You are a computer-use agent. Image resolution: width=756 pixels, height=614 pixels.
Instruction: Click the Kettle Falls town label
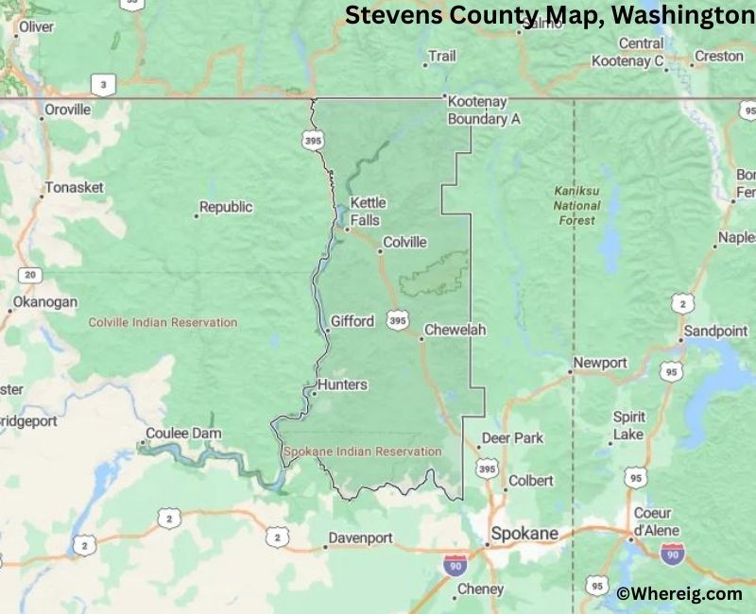[366, 212]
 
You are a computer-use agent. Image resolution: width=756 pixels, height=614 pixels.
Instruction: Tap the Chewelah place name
[455, 330]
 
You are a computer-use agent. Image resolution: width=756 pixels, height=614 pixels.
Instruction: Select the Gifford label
[352, 321]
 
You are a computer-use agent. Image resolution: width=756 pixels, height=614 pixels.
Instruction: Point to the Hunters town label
[342, 385]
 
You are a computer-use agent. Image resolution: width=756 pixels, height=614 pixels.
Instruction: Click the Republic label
[226, 207]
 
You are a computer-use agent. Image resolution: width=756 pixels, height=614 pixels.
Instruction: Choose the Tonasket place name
[74, 187]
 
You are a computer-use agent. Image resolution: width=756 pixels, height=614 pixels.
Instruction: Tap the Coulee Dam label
[183, 434]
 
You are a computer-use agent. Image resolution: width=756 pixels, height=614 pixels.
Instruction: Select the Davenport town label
[359, 538]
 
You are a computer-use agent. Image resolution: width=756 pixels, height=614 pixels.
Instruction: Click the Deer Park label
[512, 438]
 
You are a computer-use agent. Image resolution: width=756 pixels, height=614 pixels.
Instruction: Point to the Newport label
[600, 363]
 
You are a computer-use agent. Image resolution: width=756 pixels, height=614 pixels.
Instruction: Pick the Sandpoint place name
[715, 332]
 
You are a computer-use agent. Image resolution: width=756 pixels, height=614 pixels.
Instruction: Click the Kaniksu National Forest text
[576, 205]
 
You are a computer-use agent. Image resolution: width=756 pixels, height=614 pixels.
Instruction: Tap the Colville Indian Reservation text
[163, 322]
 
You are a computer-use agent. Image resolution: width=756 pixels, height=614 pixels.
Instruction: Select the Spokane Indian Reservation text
[363, 452]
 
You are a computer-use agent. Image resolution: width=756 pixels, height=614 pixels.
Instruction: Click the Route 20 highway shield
[30, 275]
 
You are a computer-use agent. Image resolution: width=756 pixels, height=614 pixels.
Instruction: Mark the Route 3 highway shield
[104, 86]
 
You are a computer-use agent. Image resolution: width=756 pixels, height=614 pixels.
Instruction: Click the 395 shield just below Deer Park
[487, 469]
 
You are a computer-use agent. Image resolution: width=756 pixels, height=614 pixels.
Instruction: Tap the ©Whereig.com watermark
[679, 593]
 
